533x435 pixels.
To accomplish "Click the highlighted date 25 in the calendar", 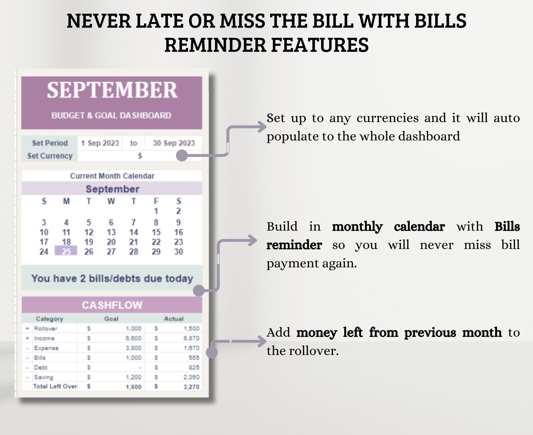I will pos(66,251).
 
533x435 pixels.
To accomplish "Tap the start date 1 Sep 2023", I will pos(100,143).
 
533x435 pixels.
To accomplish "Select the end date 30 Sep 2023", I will pos(174,143).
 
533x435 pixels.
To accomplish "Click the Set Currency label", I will pos(50,156).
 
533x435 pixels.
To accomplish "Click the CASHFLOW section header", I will pos(112,305).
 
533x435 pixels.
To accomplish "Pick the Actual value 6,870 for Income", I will pos(191,338).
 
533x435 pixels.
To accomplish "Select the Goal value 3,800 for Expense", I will pos(134,348).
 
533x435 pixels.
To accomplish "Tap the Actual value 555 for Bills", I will pos(194,358).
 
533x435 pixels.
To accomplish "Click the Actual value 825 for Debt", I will pos(194,367).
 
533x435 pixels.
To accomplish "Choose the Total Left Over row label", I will pos(55,386).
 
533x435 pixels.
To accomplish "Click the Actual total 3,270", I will pos(191,387).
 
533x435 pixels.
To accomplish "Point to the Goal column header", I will pos(111,319).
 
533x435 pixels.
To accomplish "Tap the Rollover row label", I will pos(46,328).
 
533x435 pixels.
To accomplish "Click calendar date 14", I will pos(134,232).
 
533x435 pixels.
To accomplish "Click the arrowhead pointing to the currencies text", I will pos(263,127).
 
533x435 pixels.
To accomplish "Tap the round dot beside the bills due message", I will pos(199,291).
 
